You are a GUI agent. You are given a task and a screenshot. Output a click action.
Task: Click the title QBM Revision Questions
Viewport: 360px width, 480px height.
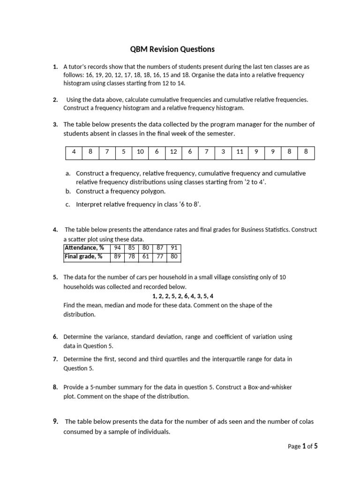pos(172,49)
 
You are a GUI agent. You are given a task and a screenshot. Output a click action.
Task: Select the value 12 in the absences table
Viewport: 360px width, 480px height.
pos(173,152)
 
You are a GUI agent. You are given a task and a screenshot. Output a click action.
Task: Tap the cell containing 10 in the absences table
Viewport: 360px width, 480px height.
pos(140,152)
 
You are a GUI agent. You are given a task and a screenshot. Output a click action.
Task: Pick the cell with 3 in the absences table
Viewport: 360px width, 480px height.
pos(223,152)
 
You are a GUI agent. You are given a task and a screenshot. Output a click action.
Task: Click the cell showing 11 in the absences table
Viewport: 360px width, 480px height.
pos(240,152)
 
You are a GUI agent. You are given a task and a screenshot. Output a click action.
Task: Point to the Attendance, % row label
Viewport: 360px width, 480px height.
pos(84,248)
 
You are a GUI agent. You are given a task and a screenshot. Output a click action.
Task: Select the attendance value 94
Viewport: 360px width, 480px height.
pos(118,248)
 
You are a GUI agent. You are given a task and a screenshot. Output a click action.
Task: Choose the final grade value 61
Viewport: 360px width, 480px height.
pos(145,256)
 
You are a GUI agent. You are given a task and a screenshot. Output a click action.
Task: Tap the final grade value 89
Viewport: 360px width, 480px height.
pos(118,256)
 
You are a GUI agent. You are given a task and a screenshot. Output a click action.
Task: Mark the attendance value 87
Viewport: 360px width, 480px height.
pos(159,248)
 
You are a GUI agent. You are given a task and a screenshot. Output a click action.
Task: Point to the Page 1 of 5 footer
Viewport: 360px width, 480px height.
pos(303,446)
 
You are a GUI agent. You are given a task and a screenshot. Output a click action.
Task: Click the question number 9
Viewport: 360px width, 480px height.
pos(55,421)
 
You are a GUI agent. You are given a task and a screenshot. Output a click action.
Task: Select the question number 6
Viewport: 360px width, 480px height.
pos(55,337)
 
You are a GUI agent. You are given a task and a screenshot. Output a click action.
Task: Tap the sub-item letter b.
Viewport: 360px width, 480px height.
pos(68,191)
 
